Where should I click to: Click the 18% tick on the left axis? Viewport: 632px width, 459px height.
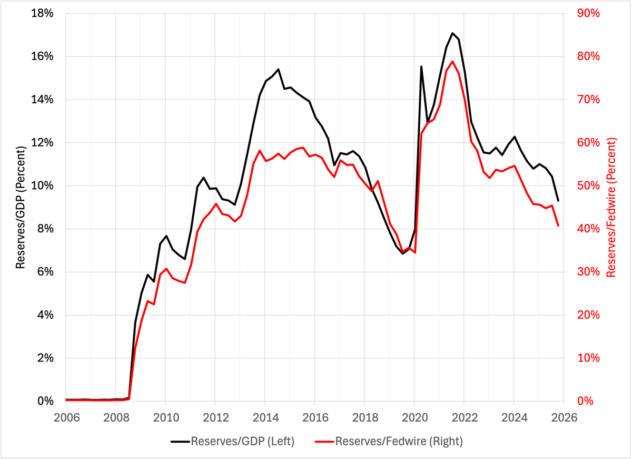click(43, 13)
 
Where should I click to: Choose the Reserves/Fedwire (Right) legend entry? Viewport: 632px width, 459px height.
click(390, 442)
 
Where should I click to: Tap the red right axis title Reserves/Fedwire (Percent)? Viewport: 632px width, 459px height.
click(611, 207)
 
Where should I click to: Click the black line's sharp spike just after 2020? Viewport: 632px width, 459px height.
click(421, 66)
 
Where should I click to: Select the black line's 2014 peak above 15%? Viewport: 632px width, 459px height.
click(278, 69)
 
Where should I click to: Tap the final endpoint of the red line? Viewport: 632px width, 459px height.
click(558, 226)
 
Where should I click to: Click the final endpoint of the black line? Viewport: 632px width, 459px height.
click(558, 201)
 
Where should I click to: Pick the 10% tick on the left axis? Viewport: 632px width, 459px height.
click(43, 185)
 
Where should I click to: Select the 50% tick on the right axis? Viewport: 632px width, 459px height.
click(589, 185)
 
